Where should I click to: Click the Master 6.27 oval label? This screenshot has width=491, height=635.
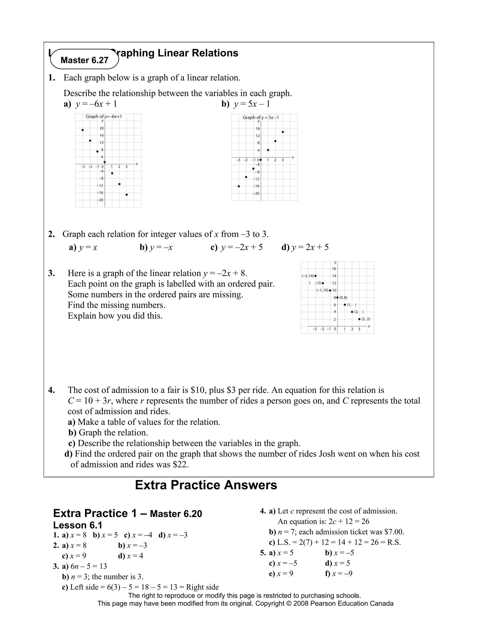click(84, 60)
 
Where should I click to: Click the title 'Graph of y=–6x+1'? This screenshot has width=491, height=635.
click(104, 117)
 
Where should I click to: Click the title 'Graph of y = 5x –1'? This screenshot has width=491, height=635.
click(261, 117)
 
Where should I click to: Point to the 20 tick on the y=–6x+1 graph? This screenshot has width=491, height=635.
click(101, 128)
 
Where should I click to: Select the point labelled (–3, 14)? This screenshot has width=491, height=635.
click(316, 276)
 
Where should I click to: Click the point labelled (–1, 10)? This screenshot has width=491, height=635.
click(330, 290)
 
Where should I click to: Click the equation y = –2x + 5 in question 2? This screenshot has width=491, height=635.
click(241, 248)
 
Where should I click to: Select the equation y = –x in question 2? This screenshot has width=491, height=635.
click(161, 248)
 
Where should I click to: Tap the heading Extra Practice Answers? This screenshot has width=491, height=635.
click(206, 485)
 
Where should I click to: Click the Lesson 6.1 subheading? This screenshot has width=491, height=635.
click(78, 525)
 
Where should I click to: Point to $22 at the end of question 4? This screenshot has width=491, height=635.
click(180, 464)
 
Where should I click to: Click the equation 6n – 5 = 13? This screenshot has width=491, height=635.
click(89, 566)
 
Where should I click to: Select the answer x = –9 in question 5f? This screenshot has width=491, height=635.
click(342, 573)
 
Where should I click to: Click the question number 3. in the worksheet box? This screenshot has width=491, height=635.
click(52, 273)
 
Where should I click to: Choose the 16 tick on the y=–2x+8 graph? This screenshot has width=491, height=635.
click(334, 269)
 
